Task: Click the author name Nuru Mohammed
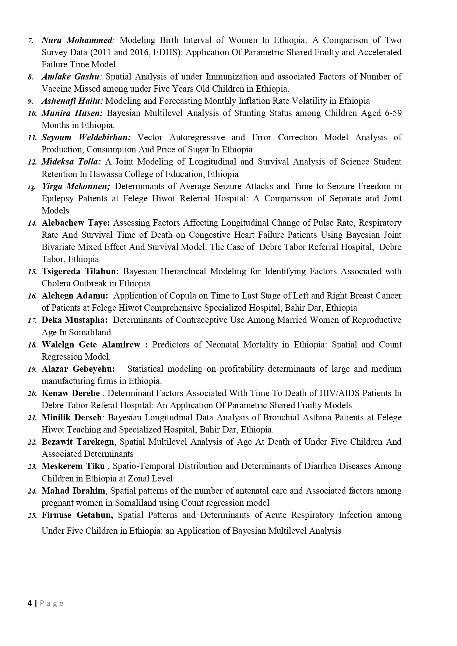(x=77, y=40)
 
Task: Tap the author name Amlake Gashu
(x=70, y=77)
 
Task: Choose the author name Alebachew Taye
(x=75, y=223)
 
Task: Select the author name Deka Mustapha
(x=74, y=320)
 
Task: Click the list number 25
(x=32, y=516)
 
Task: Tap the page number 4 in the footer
(x=30, y=603)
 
